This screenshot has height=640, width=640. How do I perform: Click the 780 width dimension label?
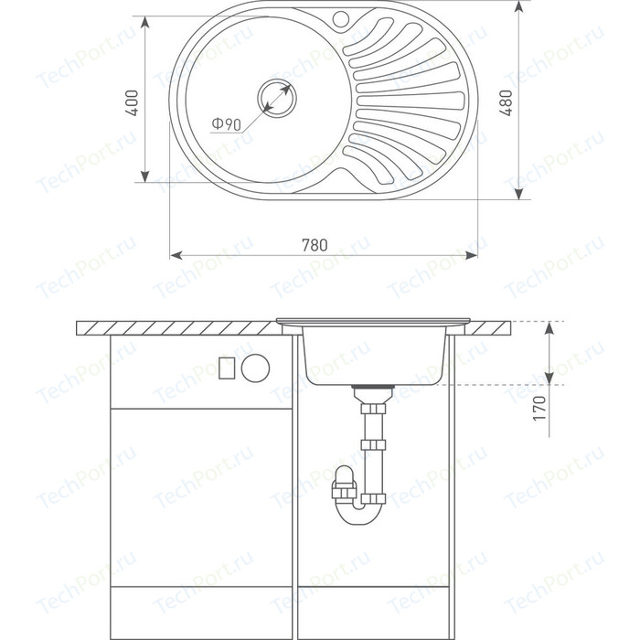tap(315, 245)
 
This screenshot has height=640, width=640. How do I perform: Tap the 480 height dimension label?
tap(506, 102)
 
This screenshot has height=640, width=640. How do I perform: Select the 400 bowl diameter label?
tap(132, 103)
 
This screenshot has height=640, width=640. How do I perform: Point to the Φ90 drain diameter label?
tap(227, 123)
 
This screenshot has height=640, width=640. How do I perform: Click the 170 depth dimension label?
tap(539, 408)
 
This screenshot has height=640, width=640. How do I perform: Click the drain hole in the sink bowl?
tap(277, 98)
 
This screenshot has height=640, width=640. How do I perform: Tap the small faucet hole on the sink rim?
tap(340, 17)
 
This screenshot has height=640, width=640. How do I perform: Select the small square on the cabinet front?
tap(227, 368)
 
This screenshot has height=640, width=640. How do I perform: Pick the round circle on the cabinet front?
tap(255, 368)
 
